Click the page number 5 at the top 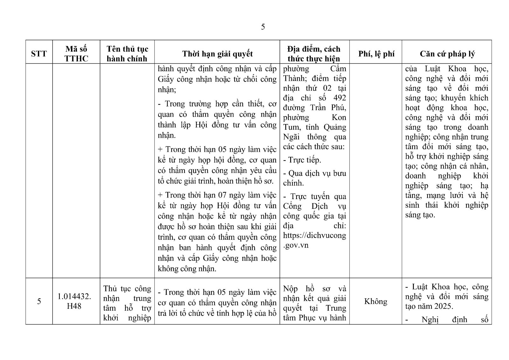263,27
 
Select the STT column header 39,53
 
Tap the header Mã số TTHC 76,53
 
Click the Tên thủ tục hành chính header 127,53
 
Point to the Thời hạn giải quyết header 217,53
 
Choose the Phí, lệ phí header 376,54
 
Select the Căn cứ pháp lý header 447,54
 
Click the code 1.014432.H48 74,301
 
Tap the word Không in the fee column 375,301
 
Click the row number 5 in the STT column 39,301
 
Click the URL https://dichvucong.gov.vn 314,240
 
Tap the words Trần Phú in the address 328,107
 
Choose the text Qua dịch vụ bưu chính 314,178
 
